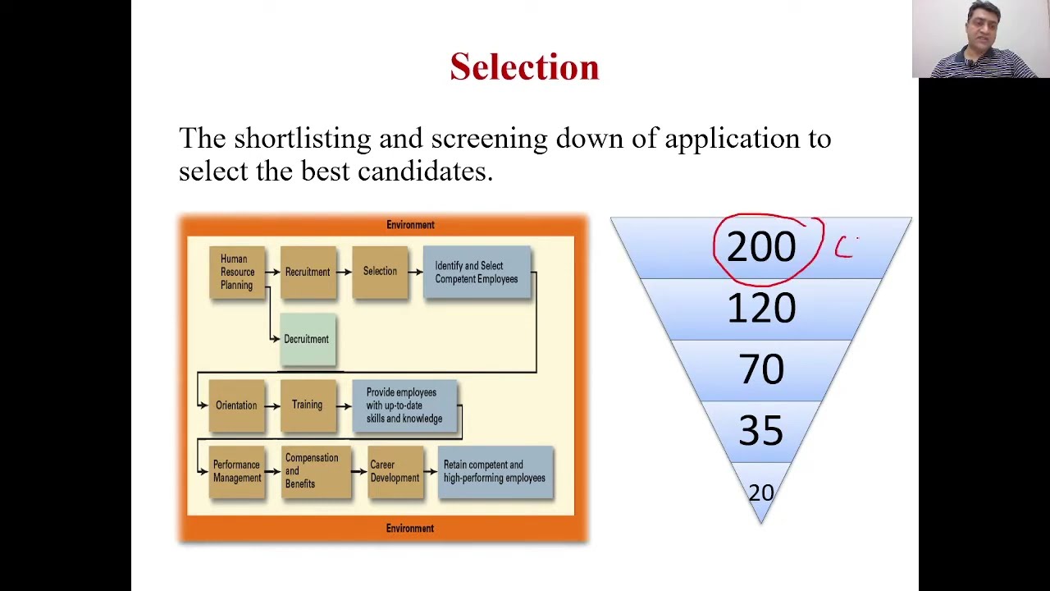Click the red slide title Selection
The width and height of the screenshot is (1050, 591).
click(524, 67)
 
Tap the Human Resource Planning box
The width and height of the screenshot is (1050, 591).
click(237, 273)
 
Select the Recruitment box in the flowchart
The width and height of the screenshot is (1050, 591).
click(308, 273)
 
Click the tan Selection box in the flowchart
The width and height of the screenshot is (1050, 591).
click(380, 272)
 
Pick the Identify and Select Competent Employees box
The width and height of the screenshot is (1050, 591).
click(477, 273)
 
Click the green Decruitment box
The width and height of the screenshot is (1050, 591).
click(307, 339)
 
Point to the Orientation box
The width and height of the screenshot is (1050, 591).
click(236, 405)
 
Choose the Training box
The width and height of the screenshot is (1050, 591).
click(307, 405)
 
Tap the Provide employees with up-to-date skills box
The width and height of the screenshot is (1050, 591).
click(404, 405)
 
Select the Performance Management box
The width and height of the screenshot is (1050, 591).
click(236, 471)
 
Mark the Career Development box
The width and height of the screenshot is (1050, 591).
click(395, 471)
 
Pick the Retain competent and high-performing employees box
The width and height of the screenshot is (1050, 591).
click(495, 471)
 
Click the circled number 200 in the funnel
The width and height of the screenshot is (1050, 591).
click(761, 247)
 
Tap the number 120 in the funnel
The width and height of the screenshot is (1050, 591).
click(761, 309)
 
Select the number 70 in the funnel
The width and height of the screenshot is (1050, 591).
click(761, 370)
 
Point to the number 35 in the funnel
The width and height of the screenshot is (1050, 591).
click(761, 431)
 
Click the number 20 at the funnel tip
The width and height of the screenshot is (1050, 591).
click(761, 492)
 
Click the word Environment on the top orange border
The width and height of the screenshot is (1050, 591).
click(410, 225)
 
